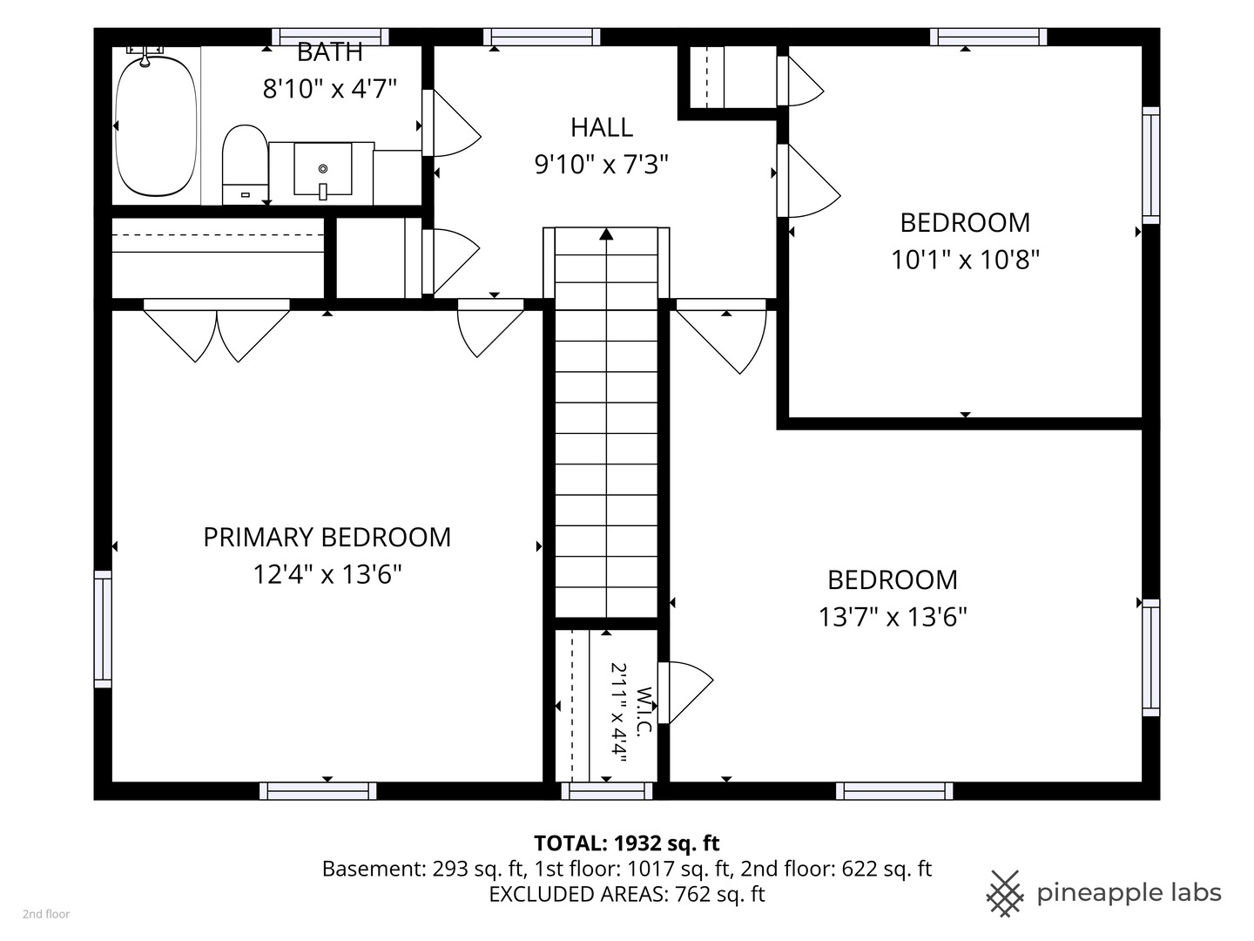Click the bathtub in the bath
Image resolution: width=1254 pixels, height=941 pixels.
click(156, 125)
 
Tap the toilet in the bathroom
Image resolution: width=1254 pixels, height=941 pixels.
click(245, 165)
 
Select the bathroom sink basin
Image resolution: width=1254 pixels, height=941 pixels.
click(323, 170)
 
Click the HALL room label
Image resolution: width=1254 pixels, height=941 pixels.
click(602, 127)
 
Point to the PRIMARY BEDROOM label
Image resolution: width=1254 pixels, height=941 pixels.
click(327, 537)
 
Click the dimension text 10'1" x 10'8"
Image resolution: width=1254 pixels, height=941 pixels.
click(965, 260)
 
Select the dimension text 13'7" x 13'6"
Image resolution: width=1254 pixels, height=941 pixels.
click(893, 617)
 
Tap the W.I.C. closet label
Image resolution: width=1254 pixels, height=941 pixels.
click(644, 712)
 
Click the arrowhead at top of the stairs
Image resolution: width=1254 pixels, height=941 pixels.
click(606, 234)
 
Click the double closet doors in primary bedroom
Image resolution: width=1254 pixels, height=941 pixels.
click(217, 331)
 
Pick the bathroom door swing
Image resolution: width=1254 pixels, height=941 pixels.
click(451, 123)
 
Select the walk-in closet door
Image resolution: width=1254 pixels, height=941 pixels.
click(685, 693)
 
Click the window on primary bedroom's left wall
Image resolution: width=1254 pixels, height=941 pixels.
click(103, 629)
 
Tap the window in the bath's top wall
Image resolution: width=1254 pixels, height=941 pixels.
click(330, 37)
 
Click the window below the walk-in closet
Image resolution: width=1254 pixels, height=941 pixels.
click(607, 791)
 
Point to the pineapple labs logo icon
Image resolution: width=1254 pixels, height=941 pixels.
click(1005, 893)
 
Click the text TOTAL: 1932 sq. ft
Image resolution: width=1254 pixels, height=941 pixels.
click(627, 843)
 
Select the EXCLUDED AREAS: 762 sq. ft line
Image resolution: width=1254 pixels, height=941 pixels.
click(627, 894)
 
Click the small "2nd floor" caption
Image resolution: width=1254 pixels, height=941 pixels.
click(46, 914)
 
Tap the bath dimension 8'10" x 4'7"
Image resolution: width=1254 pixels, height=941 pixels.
click(330, 89)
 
